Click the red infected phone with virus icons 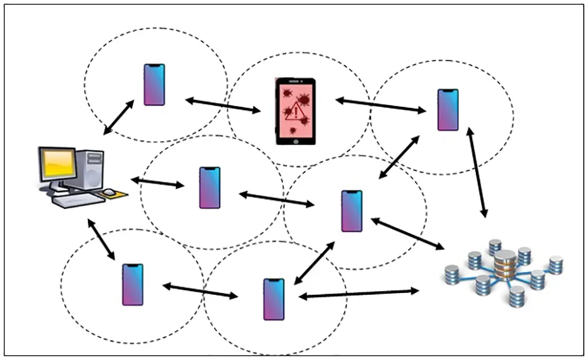coord(295,111)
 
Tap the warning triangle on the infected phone coord(295,111)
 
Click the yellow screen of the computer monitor coord(58,164)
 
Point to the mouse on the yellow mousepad coord(110,192)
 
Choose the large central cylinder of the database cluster coord(504,265)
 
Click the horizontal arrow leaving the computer coord(157,182)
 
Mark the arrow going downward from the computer coord(100,239)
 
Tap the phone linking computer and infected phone coord(154,84)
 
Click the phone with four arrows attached coord(351,211)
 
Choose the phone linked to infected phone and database coord(448,109)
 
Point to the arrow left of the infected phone coord(223,105)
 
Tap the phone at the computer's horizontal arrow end coord(209,187)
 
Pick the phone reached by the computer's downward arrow coord(132,284)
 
